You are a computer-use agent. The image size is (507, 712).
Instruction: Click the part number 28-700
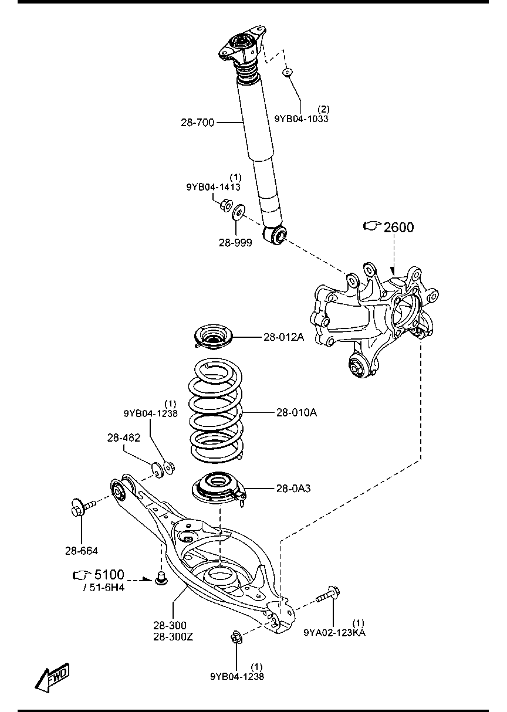[x=198, y=123]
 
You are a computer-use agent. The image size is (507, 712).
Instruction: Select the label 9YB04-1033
[x=302, y=118]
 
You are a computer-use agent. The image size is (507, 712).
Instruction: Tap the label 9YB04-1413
[x=214, y=187]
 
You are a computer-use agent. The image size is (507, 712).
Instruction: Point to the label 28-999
[x=235, y=243]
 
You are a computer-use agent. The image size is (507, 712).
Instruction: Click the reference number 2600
[x=399, y=228]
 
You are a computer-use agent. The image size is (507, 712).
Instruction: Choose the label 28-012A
[x=283, y=337]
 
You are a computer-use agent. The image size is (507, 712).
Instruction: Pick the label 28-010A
[x=296, y=412]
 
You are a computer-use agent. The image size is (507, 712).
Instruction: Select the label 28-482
[x=124, y=438]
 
